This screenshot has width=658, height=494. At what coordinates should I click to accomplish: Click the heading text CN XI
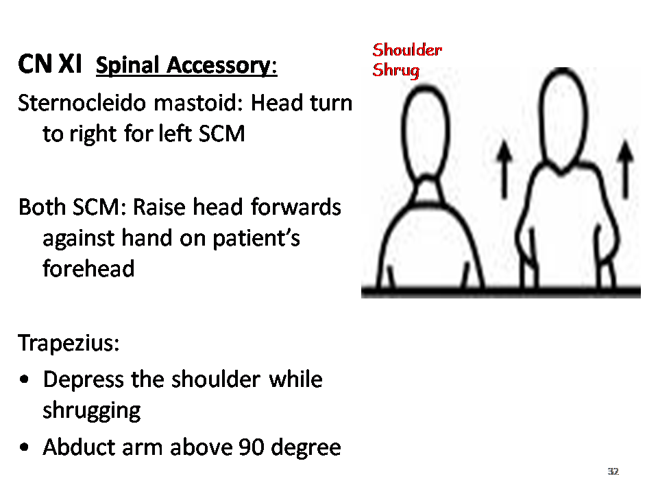click(x=50, y=64)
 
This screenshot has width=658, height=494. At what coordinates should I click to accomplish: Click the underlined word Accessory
click(x=221, y=66)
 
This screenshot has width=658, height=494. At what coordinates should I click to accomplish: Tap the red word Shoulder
click(x=407, y=50)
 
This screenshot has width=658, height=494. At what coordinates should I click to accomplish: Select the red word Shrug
click(x=395, y=70)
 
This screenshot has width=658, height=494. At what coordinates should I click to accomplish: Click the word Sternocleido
click(x=82, y=103)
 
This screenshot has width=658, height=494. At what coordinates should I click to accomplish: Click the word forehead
click(x=88, y=268)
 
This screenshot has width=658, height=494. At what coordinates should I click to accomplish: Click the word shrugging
click(x=91, y=411)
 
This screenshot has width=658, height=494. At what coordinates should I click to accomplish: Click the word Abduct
click(x=79, y=447)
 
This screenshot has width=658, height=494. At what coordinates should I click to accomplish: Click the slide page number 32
click(x=613, y=471)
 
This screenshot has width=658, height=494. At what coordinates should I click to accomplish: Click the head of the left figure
click(x=425, y=132)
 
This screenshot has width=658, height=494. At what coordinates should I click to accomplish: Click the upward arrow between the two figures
click(x=504, y=169)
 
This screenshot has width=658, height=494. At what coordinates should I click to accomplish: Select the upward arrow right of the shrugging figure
click(x=625, y=169)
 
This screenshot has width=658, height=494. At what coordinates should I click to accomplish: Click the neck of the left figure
click(x=427, y=191)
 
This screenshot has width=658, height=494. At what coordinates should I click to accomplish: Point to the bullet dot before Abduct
click(x=25, y=447)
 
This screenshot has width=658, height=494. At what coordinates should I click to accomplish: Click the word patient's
click(x=256, y=239)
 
